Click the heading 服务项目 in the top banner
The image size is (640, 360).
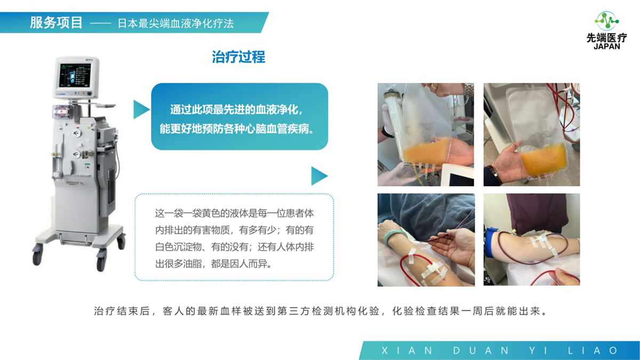coord(57,23)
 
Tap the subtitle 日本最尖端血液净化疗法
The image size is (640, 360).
coord(175,23)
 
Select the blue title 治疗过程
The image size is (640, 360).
coord(238,57)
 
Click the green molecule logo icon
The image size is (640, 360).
coord(607,21)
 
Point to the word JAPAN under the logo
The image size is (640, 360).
coord(607,46)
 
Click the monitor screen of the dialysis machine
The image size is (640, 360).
coord(75,75)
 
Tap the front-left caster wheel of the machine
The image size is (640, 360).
coord(38,256)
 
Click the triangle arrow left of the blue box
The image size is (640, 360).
coord(141,109)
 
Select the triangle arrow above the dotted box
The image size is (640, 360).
coord(319,176)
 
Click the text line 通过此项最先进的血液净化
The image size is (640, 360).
coord(237,110)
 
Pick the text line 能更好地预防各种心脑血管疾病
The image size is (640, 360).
coord(237,129)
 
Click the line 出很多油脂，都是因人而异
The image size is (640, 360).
coord(213,263)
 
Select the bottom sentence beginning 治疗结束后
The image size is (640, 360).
coord(321,311)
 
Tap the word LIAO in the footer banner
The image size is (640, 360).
coord(593,350)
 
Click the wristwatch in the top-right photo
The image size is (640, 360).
coord(493,171)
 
